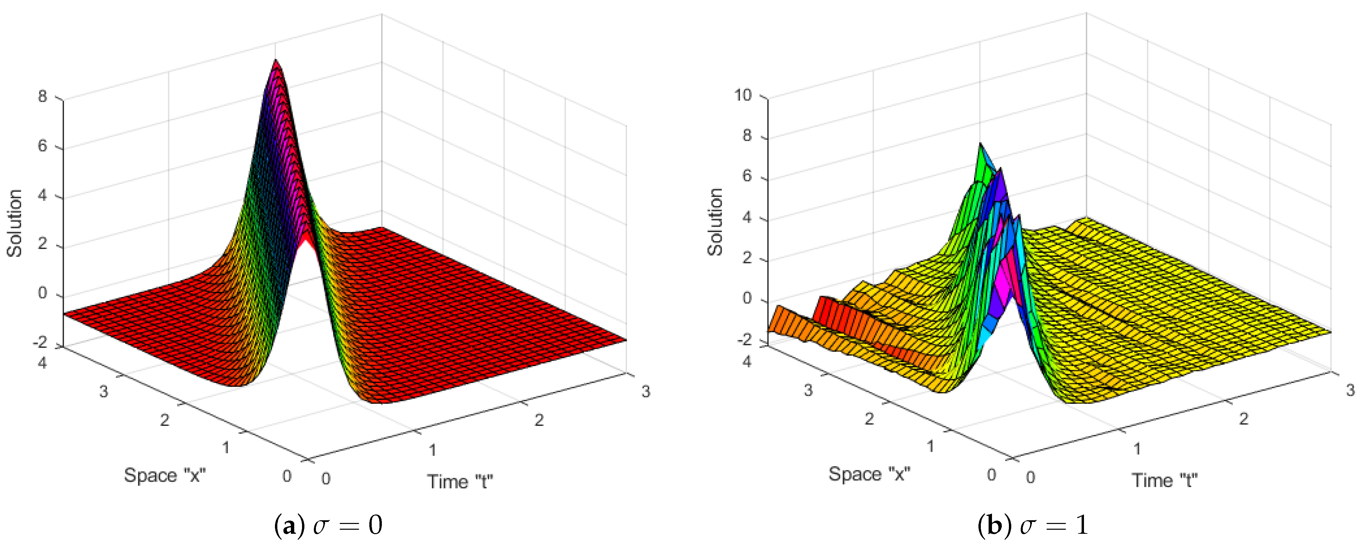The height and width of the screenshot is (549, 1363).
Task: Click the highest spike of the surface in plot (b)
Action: (980, 144)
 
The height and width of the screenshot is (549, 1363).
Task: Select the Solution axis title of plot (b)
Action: (715, 222)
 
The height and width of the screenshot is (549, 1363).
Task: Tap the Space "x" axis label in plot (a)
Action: (165, 475)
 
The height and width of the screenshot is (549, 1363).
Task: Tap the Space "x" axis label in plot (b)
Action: (869, 474)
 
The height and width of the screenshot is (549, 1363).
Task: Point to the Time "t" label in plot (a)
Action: (460, 482)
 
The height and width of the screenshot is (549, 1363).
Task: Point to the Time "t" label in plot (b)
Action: (1164, 481)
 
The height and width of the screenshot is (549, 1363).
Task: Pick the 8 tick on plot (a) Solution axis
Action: (42, 96)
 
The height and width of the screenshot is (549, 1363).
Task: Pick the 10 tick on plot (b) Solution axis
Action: (742, 95)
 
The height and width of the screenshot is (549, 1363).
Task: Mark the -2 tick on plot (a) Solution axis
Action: (40, 343)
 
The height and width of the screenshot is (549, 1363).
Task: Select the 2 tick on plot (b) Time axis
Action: (1243, 419)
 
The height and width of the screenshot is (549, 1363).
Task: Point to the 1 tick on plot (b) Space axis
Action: (930, 446)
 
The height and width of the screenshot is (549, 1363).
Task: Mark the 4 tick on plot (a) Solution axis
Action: (42, 196)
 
